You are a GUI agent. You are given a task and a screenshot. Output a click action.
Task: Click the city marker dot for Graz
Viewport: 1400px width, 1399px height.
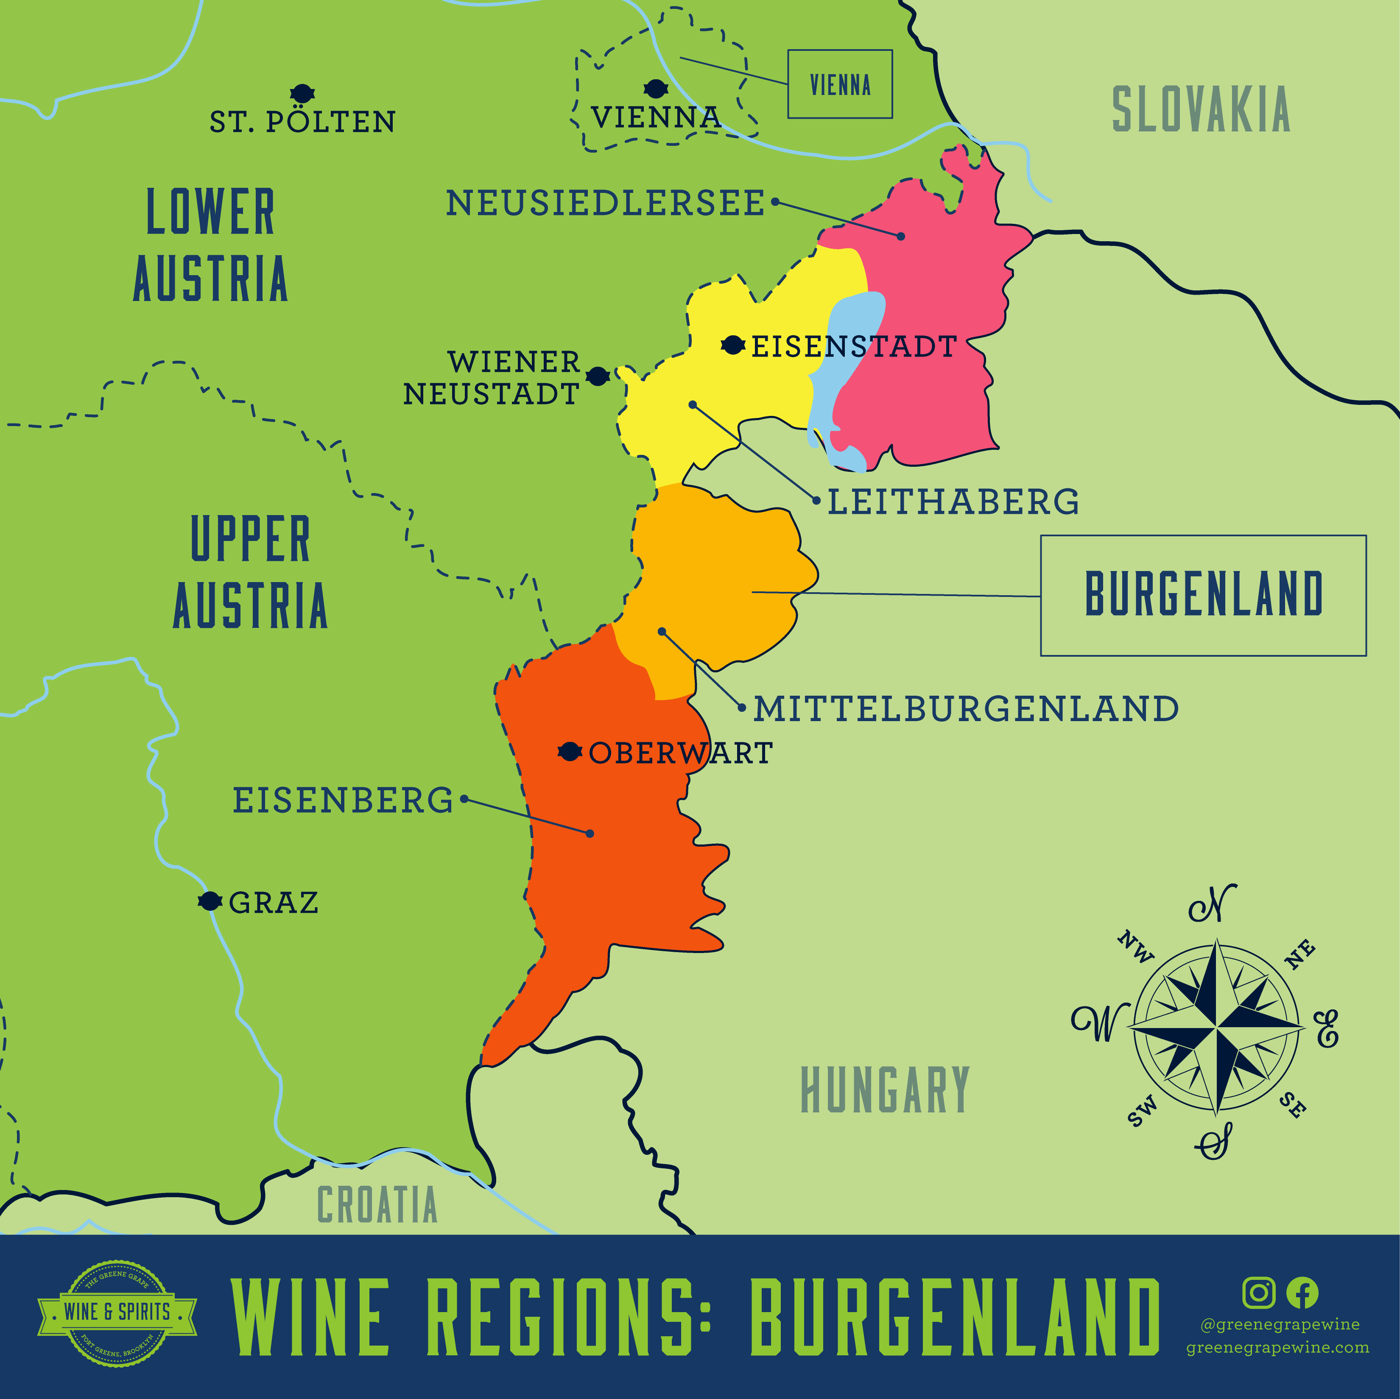pos(210,901)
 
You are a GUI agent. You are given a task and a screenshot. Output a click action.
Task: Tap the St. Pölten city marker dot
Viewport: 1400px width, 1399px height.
pos(302,93)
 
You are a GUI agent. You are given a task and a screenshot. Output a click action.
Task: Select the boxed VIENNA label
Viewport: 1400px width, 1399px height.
pos(840,84)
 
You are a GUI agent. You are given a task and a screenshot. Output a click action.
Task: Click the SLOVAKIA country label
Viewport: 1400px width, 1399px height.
pos(1201,109)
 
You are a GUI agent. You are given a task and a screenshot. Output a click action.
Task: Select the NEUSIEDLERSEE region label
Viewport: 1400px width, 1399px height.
pos(605,203)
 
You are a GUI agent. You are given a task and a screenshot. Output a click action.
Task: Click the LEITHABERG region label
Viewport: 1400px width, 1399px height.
pos(953,502)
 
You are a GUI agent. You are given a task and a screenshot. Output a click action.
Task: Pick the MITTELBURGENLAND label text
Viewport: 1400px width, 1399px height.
pos(966,708)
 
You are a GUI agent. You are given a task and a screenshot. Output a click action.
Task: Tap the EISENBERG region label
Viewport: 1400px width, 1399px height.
pos(342,800)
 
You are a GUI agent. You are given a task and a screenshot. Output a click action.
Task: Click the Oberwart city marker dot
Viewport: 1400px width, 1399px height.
pos(570,752)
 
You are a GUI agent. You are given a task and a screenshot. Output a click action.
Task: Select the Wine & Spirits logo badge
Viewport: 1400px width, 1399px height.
pos(117,1312)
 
